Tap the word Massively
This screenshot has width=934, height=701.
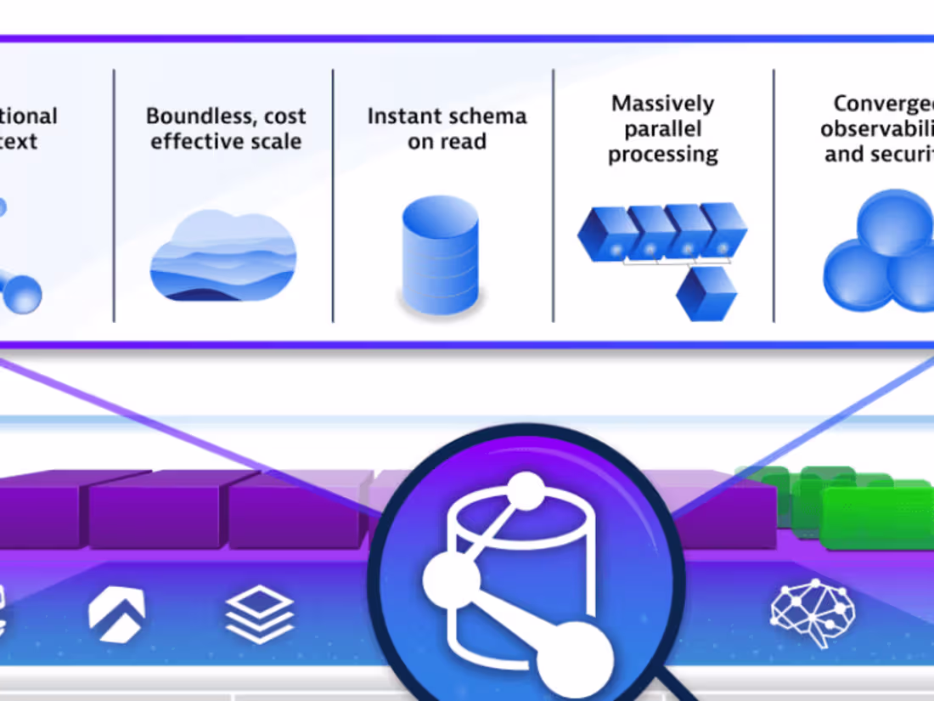(662, 104)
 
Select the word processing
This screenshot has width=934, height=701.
(662, 155)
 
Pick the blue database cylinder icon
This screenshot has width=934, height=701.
(440, 255)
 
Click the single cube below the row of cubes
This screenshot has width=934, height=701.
(706, 293)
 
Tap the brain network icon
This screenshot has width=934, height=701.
(813, 612)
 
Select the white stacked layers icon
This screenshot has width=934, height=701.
(260, 613)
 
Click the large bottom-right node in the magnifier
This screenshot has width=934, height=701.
(575, 659)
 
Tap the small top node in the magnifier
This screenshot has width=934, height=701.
(526, 492)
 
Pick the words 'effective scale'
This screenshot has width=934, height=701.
(225, 141)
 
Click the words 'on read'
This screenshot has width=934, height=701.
(447, 141)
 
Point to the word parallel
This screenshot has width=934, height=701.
(662, 129)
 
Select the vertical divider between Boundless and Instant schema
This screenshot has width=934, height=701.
(333, 195)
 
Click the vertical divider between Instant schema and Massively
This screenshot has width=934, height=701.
(553, 195)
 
